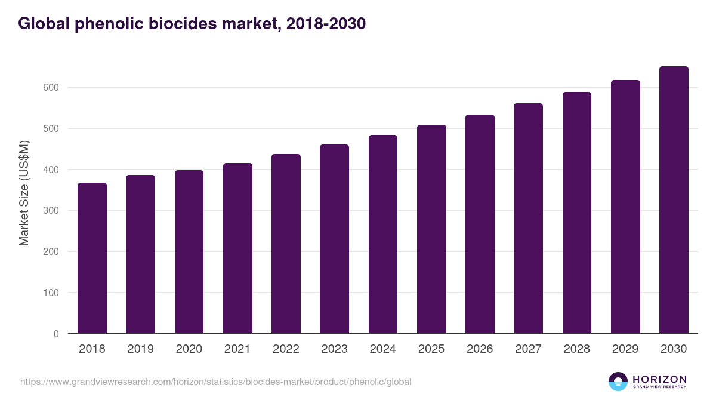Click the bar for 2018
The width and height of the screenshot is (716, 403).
pos(92,258)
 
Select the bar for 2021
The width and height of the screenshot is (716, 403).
pos(237,248)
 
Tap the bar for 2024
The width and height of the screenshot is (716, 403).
pos(383,234)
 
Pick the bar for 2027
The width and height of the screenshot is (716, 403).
pos(529,219)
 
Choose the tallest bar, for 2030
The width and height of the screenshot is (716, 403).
pos(674,200)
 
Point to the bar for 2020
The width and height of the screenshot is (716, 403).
pos(189,252)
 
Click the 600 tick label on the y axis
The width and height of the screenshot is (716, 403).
pos(52,88)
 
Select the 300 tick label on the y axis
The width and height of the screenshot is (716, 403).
pos(52,211)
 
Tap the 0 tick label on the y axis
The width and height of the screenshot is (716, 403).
pos(56,334)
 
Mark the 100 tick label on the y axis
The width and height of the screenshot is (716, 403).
pos(52,293)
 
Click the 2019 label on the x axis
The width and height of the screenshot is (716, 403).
pos(140,349)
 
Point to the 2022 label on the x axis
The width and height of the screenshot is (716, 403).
pos(286,349)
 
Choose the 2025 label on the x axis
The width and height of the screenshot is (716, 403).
pos(431,349)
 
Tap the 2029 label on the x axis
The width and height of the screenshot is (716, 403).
pos(625,349)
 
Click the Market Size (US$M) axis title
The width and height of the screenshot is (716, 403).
pos(24,193)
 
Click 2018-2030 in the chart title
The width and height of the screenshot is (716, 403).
pos(326,24)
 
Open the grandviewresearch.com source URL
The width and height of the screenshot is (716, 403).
pos(215,382)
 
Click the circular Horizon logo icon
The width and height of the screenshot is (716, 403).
pos(618,382)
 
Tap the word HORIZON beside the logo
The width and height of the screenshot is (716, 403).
pos(659,379)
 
